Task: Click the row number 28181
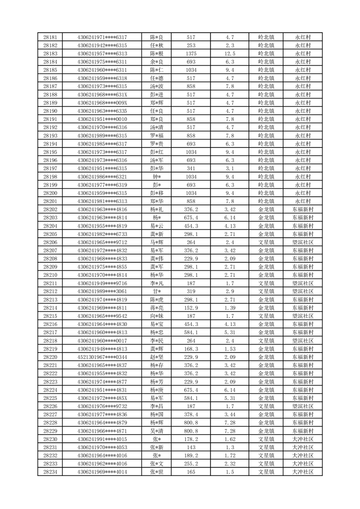coord(50,37)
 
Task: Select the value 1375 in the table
coord(191,54)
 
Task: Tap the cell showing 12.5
coord(230,54)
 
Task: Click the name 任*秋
coord(157,45)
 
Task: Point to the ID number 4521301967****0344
coord(102,357)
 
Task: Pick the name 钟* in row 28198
coord(157,176)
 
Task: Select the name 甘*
coord(157,291)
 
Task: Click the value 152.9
coord(191,308)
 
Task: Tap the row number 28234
coord(50,472)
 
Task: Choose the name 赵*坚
coord(157,357)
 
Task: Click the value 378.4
coord(191,414)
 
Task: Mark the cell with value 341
coord(191,168)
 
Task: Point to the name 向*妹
coord(157,316)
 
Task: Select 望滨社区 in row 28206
coord(302,242)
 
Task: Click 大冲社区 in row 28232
coord(302,455)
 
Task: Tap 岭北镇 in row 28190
coord(266,111)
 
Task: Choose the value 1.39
coord(230,308)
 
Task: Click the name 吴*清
coord(157,431)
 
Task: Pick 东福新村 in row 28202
coord(302,210)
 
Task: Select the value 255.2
coord(191,464)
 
